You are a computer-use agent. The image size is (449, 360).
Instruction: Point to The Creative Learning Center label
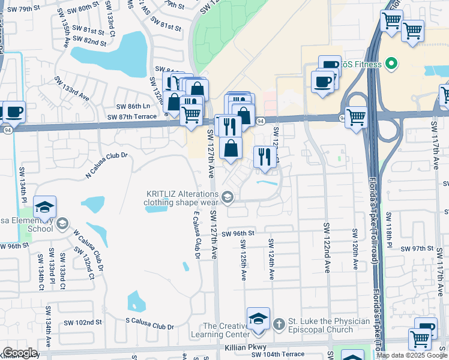[220, 329]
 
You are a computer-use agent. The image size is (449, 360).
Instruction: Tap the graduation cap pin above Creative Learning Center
[258, 318]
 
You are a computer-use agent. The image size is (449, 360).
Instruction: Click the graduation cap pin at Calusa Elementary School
[44, 207]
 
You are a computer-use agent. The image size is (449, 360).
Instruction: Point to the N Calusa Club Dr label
[107, 164]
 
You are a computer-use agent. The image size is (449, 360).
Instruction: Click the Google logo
[20, 353]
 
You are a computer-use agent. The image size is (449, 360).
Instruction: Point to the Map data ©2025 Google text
[411, 355]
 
